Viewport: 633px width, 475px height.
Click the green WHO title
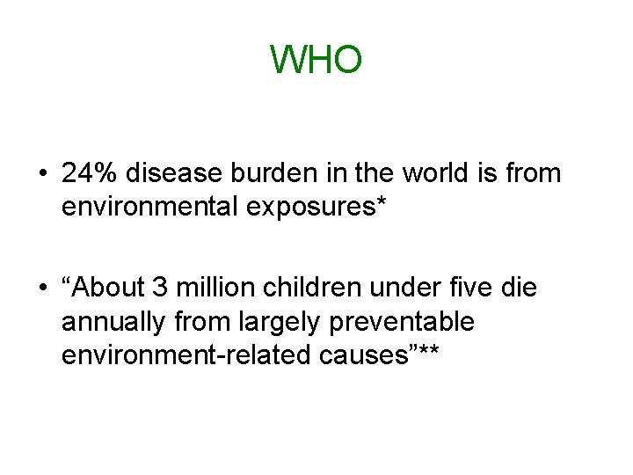point(316,60)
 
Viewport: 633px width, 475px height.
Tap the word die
point(519,289)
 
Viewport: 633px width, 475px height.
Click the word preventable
point(401,322)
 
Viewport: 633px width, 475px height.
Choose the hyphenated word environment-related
point(176,355)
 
